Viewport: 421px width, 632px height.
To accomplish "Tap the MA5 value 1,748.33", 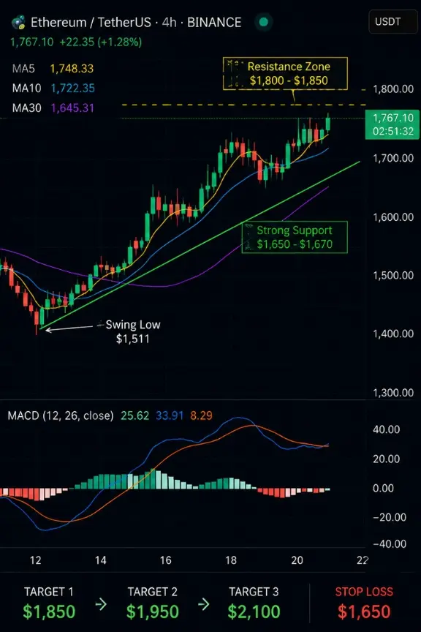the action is coord(72,69).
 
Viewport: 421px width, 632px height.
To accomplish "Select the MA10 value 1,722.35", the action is coord(73,89).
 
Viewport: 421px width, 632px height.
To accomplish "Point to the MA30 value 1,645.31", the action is coord(72,108).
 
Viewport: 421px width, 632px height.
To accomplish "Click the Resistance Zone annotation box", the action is coord(285,73).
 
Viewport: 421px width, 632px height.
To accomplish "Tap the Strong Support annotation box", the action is coord(295,237).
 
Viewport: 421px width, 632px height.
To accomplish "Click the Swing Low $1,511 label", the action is coord(133,331).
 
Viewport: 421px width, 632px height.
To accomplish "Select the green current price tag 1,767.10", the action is coord(392,124).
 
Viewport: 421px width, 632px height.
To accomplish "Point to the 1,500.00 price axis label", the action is coord(393,275).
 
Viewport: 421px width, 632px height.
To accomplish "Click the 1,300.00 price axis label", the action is coord(393,393).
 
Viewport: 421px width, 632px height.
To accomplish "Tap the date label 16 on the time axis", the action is coord(166,560).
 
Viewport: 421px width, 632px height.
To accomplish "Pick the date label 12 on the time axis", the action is coord(36,560).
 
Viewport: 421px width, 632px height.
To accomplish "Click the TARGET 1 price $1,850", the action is coord(49,612).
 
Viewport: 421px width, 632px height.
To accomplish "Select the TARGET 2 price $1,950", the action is coord(152,612).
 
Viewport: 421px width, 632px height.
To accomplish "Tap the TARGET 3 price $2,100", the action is coord(254,612).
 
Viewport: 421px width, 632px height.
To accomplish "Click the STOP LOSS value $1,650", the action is coord(364,612).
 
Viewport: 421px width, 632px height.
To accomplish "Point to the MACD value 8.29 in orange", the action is coord(201,415).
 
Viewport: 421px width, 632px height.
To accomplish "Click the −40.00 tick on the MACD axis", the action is coord(389,543).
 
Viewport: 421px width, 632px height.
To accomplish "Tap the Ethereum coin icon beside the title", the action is coord(18,22).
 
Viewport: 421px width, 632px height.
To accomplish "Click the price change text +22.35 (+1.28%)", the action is coord(101,42).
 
